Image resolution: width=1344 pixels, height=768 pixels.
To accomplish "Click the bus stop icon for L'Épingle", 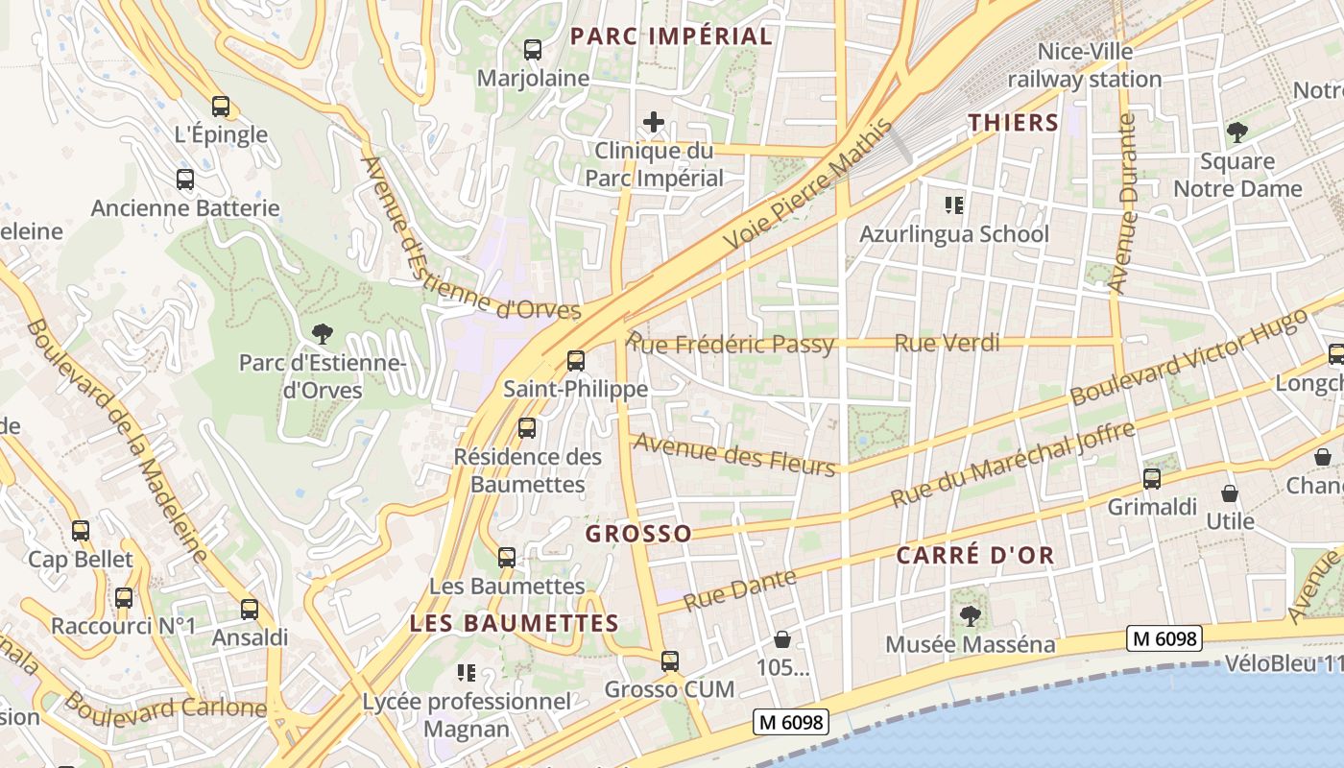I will pos(221,107).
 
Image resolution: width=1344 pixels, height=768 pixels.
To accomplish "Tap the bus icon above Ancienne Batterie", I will pos(185,180).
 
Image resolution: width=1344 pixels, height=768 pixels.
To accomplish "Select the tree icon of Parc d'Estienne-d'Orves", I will pos(323,334).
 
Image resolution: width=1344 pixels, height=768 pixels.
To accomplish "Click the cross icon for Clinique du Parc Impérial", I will pos(654,122).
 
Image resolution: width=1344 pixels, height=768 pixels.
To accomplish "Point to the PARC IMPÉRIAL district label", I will pos(671,36).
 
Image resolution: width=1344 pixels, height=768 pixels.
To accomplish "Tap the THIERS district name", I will pos(1013,123).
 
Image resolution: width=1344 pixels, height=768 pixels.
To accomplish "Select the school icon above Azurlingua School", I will pos(953,204).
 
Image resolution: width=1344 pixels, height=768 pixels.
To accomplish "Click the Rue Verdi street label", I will pos(947,343).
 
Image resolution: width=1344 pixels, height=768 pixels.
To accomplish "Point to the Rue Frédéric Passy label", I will pos(731,344).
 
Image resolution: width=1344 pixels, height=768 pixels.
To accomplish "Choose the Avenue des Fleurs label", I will pos(734,454).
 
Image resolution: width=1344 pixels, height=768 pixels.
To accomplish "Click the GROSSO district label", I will pos(638,534).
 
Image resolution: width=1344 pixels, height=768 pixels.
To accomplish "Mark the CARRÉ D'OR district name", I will pos(975,555).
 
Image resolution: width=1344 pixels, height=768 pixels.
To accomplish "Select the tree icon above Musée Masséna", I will pos(970,614).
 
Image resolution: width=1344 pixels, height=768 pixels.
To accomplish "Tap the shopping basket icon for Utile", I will pos(1230,494).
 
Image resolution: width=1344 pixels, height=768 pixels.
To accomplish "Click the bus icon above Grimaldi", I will pos(1151,478).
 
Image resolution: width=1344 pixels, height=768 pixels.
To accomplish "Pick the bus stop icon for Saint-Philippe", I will pos(576,361).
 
